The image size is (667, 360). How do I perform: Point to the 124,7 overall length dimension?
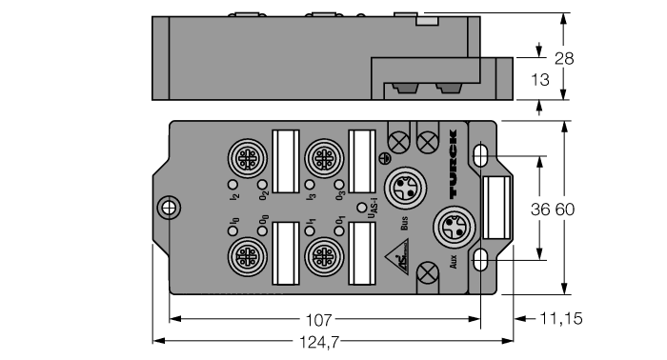pos(320,339)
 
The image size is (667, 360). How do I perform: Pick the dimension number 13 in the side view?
pos(539,81)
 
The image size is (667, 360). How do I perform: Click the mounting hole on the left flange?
pos(168,207)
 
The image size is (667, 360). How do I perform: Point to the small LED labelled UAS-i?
pos(361,206)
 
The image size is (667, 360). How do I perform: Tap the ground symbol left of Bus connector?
pos(384,158)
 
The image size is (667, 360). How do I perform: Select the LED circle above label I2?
pos(232,183)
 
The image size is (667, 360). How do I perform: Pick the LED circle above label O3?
pos(338,183)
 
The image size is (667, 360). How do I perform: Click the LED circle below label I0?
pos(232,232)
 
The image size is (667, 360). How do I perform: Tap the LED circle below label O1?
pos(338,232)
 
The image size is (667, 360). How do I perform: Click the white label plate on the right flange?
pos(495,207)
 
